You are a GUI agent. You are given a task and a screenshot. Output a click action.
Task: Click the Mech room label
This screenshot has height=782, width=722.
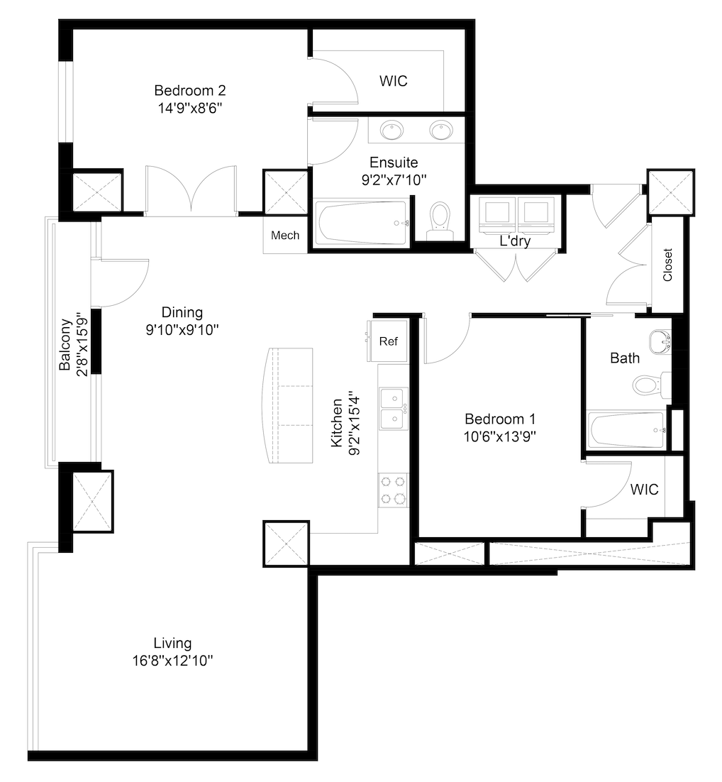click(x=285, y=236)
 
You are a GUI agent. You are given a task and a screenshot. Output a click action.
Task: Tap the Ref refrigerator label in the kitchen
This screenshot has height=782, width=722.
click(x=389, y=341)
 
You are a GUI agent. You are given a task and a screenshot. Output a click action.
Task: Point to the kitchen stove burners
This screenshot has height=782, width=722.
click(x=393, y=489)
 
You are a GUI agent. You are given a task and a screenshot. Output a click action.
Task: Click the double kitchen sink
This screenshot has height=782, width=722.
click(x=393, y=408)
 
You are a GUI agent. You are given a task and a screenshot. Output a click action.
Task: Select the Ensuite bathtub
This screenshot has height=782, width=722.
click(x=362, y=222)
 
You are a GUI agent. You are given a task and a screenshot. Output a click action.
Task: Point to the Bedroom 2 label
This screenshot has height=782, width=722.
click(x=190, y=91)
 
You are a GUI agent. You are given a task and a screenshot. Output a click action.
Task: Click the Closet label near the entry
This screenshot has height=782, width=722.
click(x=667, y=265)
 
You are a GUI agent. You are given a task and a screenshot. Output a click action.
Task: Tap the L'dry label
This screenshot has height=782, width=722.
click(x=515, y=241)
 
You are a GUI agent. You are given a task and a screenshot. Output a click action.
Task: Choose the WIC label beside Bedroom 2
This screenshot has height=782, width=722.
click(x=393, y=81)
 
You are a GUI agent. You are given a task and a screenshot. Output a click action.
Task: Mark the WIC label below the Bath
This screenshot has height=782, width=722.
click(x=644, y=490)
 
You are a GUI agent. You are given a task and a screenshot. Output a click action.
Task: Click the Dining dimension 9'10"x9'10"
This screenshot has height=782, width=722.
click(x=182, y=329)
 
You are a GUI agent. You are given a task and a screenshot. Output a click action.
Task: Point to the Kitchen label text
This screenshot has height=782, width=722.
click(x=338, y=423)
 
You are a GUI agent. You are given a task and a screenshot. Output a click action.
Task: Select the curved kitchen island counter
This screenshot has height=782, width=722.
click(x=289, y=405)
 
